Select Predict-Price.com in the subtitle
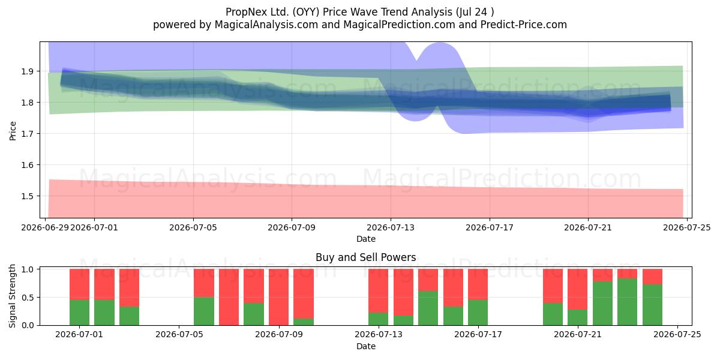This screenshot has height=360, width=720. pyautogui.click(x=524, y=25)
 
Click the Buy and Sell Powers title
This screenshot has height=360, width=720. pyautogui.click(x=366, y=257)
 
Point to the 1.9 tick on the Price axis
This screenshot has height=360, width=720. pyautogui.click(x=28, y=71)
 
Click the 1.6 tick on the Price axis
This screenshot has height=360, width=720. pyautogui.click(x=28, y=165)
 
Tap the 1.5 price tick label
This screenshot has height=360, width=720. pyautogui.click(x=28, y=196)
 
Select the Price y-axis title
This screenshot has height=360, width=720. pyautogui.click(x=13, y=131)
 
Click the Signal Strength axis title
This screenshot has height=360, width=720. pyautogui.click(x=12, y=296)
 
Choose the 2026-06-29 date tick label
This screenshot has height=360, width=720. pyautogui.click(x=45, y=228)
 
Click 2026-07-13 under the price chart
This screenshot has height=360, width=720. pyautogui.click(x=391, y=228)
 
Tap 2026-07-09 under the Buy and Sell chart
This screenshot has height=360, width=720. pyautogui.click(x=278, y=335)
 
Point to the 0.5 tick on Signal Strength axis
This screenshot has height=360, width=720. pyautogui.click(x=28, y=298)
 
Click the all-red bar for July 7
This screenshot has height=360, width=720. pyautogui.click(x=229, y=297)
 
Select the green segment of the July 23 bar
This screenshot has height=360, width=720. pyautogui.click(x=627, y=302)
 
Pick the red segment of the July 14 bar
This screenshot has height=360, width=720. pyautogui.click(x=403, y=292)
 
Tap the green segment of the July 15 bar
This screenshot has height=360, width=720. pyautogui.click(x=428, y=308)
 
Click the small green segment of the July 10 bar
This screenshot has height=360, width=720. pyautogui.click(x=304, y=322)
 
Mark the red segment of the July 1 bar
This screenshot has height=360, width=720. pyautogui.click(x=79, y=284)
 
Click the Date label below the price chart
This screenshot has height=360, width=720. pyautogui.click(x=366, y=239)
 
